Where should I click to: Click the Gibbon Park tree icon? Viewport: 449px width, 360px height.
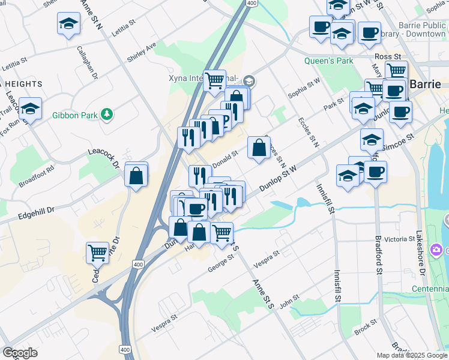[x=107, y=114]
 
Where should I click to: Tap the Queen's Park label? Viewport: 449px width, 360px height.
[x=328, y=61]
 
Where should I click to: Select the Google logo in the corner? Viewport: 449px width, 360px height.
[x=20, y=353]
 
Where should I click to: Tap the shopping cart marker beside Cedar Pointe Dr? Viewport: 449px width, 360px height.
[x=97, y=253]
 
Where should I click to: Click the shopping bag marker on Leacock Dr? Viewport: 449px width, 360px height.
[x=136, y=176]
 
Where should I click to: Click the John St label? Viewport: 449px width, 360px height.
[x=289, y=299]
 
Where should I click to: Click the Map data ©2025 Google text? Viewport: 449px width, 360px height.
[x=411, y=355]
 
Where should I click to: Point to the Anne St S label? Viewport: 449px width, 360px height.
[x=262, y=293]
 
